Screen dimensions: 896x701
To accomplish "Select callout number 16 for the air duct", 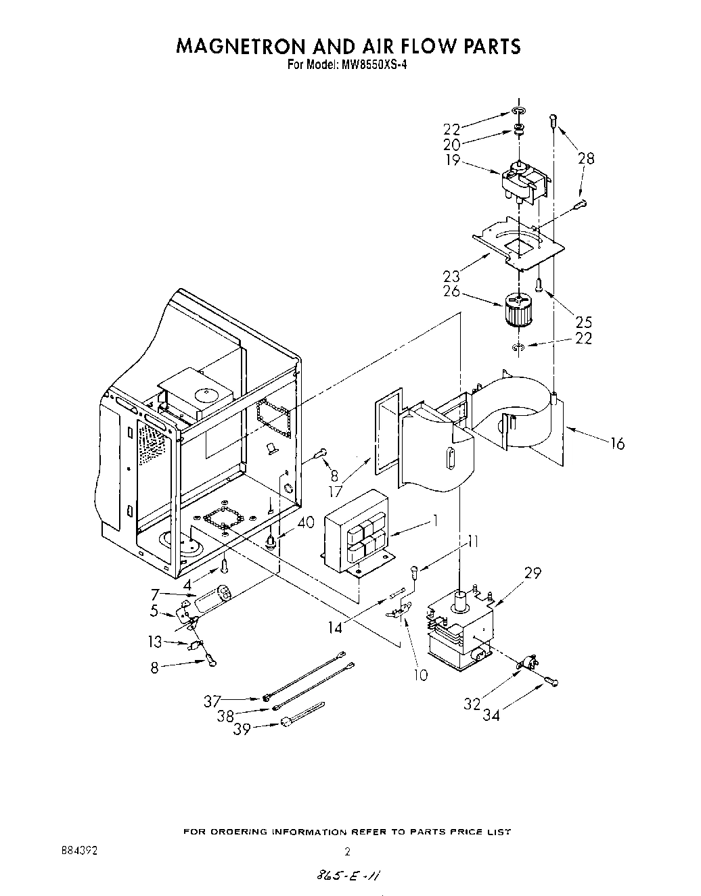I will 616,444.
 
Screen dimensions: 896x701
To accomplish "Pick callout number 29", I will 533,573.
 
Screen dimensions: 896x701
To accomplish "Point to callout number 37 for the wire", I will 212,701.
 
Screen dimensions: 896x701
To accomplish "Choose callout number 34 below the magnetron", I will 491,714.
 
